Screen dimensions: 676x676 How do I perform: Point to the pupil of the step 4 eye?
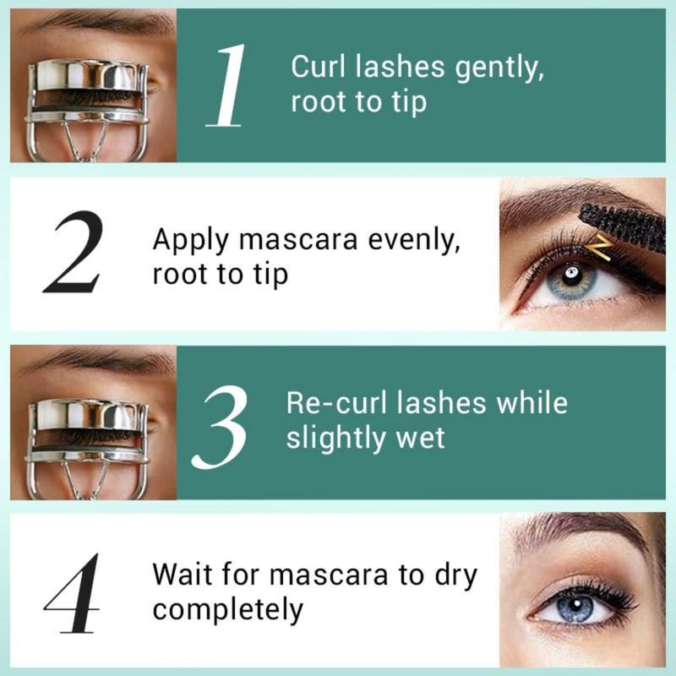click(x=575, y=607)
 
